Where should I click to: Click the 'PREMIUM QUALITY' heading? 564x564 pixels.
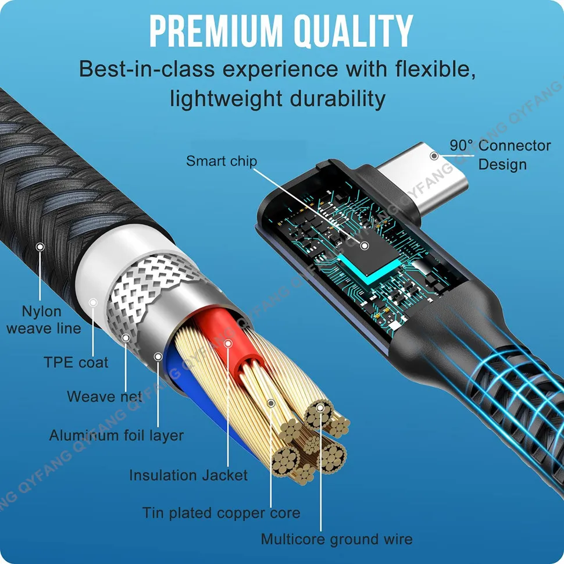pyautogui.click(x=281, y=31)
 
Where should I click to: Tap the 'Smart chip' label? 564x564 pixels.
pyautogui.click(x=221, y=160)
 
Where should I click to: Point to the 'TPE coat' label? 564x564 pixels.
pyautogui.click(x=76, y=362)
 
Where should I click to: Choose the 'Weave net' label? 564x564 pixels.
pyautogui.click(x=105, y=397)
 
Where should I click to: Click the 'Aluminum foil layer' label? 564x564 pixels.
pyautogui.click(x=116, y=435)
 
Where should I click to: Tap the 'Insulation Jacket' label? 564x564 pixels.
pyautogui.click(x=188, y=475)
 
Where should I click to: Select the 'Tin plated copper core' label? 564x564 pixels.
pyautogui.click(x=222, y=513)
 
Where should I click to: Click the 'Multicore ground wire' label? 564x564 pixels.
pyautogui.click(x=337, y=539)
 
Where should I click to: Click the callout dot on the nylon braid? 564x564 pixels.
pyautogui.click(x=40, y=247)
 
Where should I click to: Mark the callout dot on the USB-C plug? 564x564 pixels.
pyautogui.click(x=434, y=155)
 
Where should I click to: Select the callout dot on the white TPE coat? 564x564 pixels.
pyautogui.click(x=93, y=302)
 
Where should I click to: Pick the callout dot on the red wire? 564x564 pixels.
pyautogui.click(x=229, y=344)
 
